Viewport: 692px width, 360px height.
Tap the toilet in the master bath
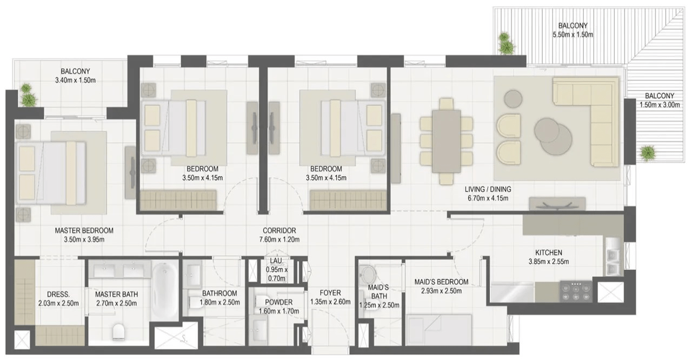(x=119, y=332)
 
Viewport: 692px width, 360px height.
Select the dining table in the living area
(x=446, y=141)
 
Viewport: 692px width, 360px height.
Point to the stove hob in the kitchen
(x=576, y=292)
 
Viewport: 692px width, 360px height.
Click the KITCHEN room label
(x=549, y=252)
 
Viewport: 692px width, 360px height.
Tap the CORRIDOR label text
(x=280, y=230)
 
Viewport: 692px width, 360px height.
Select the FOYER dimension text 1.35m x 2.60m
(x=330, y=302)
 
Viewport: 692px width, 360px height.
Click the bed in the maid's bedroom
(x=439, y=330)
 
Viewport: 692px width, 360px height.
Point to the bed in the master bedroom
(x=51, y=173)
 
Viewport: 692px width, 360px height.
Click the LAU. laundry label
(x=276, y=261)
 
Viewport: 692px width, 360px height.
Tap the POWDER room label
(x=278, y=302)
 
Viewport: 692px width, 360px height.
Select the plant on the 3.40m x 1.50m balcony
(x=28, y=95)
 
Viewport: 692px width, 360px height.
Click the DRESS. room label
(x=58, y=294)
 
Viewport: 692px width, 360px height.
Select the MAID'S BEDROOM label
(x=441, y=282)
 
